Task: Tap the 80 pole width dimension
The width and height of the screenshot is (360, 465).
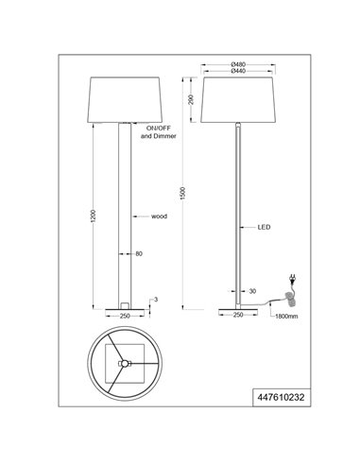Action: point(140,253)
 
